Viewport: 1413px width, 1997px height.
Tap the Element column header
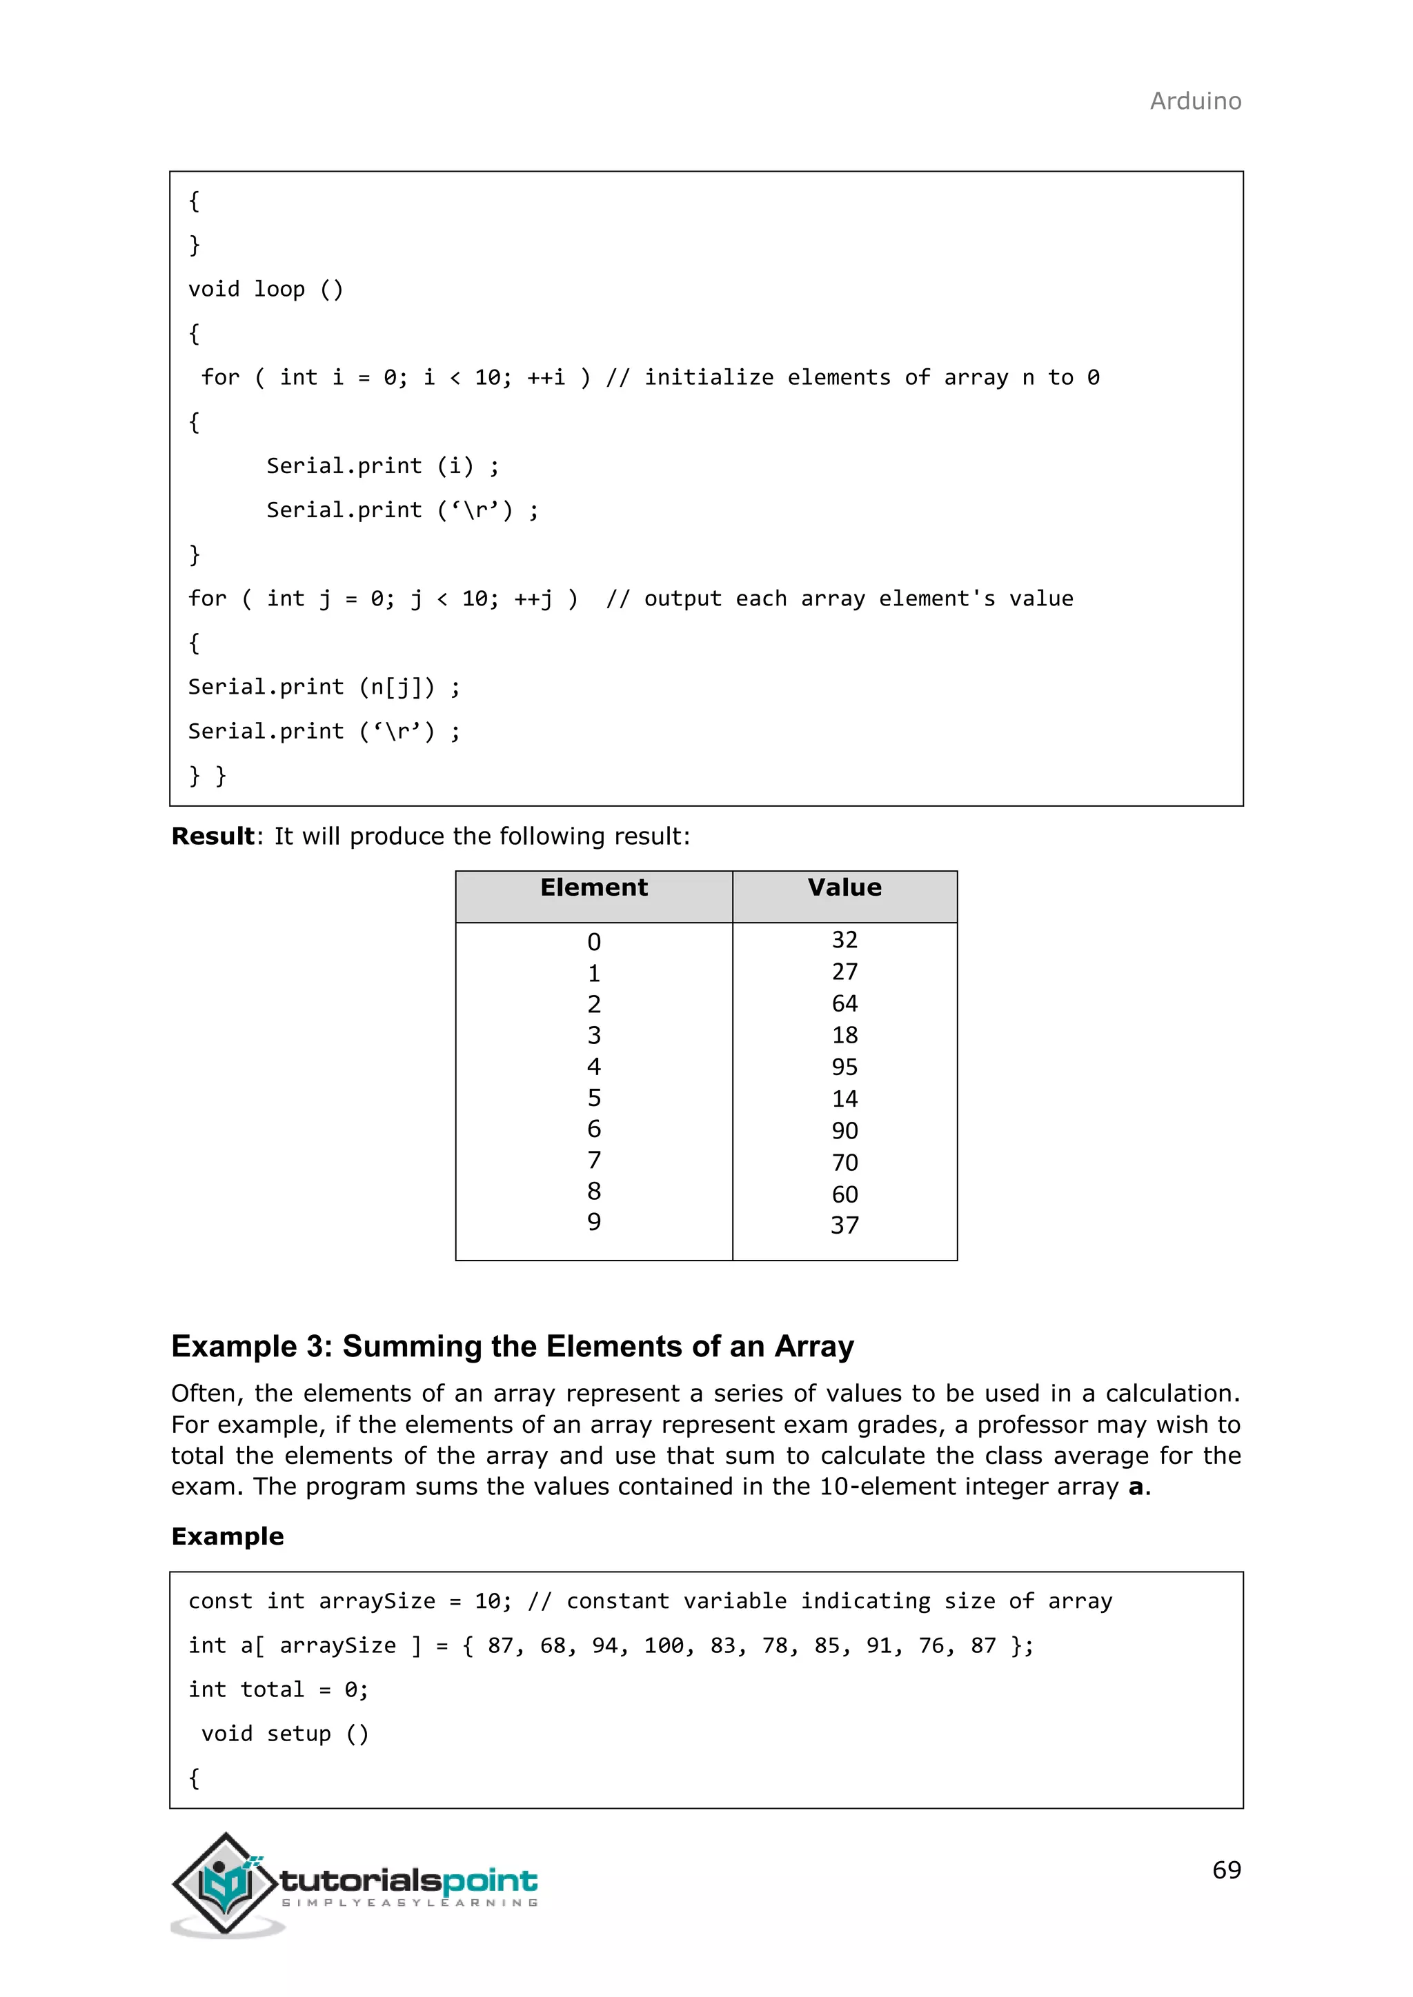coord(593,887)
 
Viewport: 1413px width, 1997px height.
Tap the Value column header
coord(844,887)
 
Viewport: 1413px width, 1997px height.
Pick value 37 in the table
coord(844,1225)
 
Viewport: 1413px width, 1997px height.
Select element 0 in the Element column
coord(593,942)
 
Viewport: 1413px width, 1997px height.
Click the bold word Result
coord(213,836)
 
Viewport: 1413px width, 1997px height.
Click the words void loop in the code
coord(246,289)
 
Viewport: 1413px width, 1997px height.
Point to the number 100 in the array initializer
coord(663,1645)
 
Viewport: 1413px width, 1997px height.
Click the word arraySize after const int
coord(376,1600)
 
